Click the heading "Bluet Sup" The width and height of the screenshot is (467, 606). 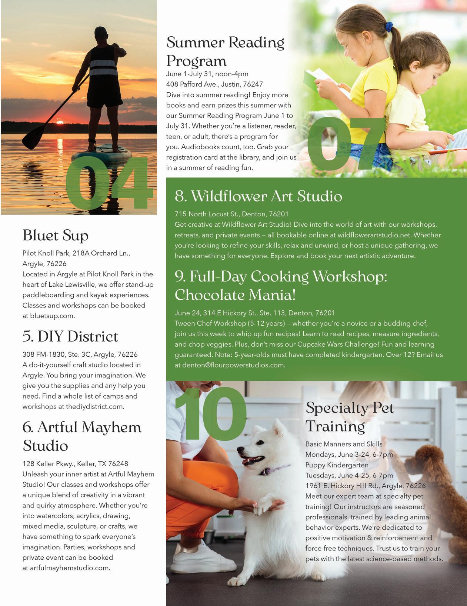click(56, 236)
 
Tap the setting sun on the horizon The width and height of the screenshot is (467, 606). click(60, 122)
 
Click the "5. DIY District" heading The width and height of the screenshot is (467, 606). click(70, 336)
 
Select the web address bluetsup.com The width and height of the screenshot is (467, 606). click(53, 316)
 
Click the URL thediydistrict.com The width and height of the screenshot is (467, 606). click(94, 406)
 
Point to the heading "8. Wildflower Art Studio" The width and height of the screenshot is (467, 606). click(258, 196)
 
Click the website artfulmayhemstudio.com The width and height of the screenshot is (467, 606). click(70, 568)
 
